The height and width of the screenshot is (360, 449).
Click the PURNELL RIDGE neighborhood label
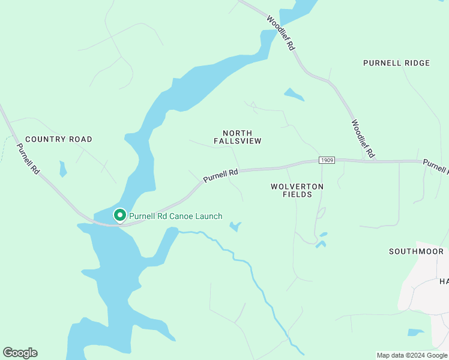[396, 63]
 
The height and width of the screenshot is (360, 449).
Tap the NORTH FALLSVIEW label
[237, 137]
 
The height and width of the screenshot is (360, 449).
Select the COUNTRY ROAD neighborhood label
[59, 139]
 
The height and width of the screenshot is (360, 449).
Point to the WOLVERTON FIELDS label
[297, 190]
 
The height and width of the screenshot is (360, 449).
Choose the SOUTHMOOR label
[416, 251]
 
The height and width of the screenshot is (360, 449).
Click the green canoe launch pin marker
[119, 215]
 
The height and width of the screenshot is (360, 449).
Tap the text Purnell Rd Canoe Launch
[176, 216]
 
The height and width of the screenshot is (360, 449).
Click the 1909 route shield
[326, 160]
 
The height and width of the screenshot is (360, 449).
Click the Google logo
[20, 353]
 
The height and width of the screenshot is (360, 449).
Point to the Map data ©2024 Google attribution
[412, 355]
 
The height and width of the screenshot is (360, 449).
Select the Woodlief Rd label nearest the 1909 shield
[363, 139]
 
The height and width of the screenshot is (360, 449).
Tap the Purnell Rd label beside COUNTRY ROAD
[28, 159]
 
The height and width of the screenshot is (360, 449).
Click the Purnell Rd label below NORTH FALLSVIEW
[220, 175]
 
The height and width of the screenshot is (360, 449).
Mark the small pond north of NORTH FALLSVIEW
[294, 94]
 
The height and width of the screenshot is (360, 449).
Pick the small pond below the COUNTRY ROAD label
[62, 168]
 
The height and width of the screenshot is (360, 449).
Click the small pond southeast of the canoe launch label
[235, 226]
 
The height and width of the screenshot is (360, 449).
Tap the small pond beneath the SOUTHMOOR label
[415, 332]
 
